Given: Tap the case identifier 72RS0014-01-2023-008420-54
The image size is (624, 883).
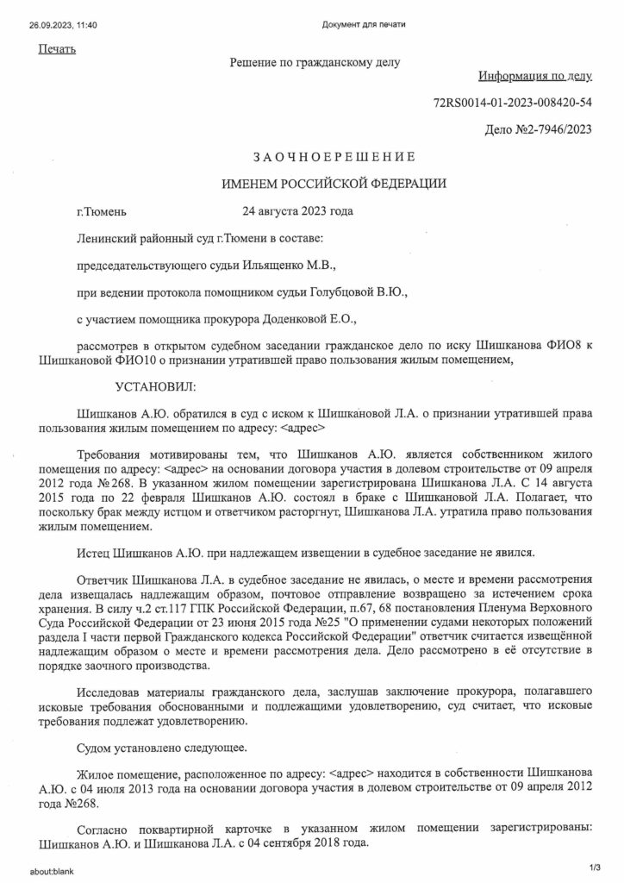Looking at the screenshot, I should point(525,103).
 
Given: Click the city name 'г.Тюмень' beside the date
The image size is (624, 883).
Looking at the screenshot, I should point(101,211).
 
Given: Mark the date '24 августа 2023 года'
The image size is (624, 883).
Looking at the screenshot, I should point(297,211).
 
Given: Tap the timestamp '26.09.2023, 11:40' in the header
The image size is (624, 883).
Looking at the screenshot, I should point(62,24).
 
